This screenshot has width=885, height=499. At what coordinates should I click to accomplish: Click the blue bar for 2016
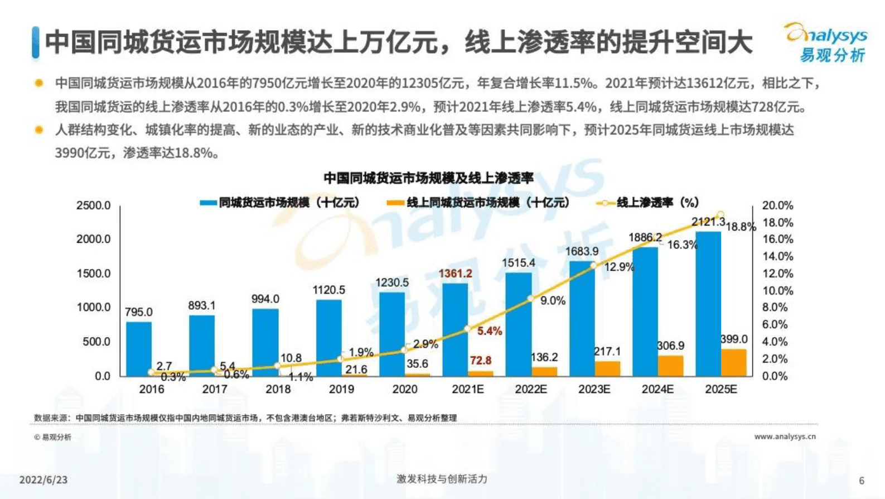click(139, 349)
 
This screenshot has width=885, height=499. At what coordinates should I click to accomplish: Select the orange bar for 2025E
click(733, 362)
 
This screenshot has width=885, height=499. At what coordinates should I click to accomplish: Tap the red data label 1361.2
click(455, 274)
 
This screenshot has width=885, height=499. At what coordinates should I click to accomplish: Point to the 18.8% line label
click(741, 227)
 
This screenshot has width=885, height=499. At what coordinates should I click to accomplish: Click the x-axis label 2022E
click(531, 389)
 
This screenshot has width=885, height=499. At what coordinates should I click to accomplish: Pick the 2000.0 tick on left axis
click(94, 239)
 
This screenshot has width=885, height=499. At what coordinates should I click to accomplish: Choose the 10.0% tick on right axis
click(777, 290)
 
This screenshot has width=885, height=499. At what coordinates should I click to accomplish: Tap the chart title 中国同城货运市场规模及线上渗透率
click(428, 178)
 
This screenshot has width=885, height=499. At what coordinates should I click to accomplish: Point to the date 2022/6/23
click(43, 480)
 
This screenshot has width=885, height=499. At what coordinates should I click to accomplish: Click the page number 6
click(862, 481)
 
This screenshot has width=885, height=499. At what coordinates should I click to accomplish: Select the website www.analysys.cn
click(785, 436)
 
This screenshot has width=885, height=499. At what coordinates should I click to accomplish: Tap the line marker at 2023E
click(593, 266)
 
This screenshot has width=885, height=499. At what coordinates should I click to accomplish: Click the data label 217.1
click(607, 352)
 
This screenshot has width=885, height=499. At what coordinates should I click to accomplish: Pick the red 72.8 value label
click(480, 361)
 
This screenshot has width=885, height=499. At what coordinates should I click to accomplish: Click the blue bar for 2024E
click(645, 311)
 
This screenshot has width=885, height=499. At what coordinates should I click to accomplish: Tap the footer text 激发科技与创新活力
click(442, 479)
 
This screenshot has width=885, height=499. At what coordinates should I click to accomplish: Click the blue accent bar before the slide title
click(36, 42)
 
